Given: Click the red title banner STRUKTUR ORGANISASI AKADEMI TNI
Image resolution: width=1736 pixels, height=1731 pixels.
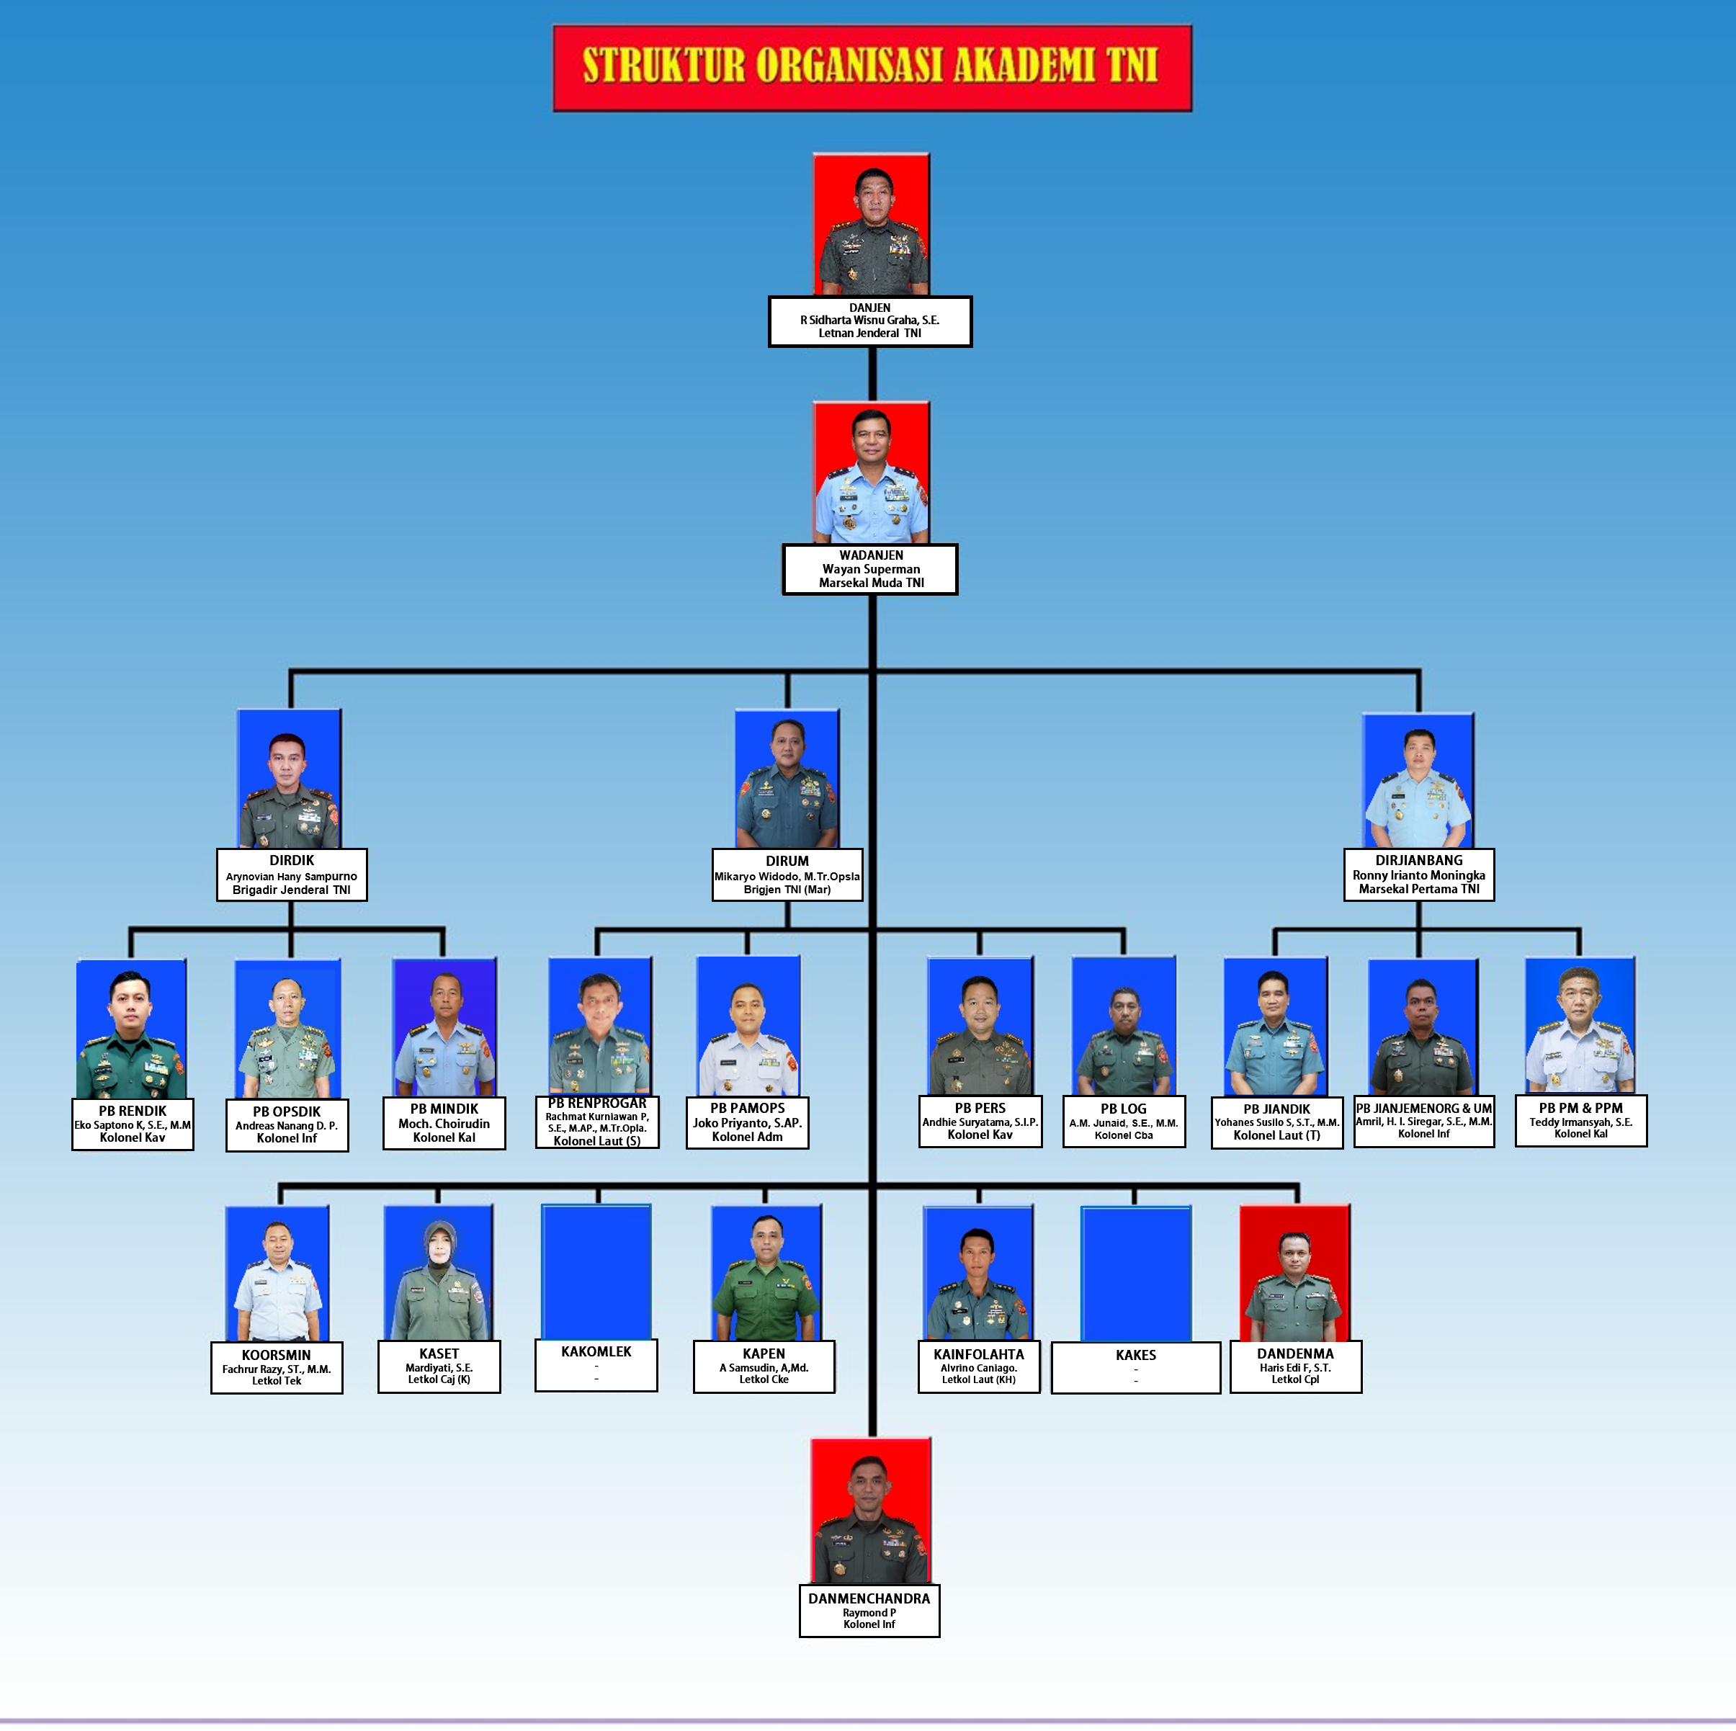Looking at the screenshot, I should pyautogui.click(x=872, y=68).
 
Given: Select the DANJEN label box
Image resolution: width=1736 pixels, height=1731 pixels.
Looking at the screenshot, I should pyautogui.click(x=869, y=321).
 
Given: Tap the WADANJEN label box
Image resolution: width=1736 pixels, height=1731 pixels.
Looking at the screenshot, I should pyautogui.click(x=869, y=569).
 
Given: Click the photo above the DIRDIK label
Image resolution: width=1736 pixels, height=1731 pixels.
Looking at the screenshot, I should pyautogui.click(x=290, y=779).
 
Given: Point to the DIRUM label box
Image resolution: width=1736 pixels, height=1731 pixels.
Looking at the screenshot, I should pyautogui.click(x=787, y=875).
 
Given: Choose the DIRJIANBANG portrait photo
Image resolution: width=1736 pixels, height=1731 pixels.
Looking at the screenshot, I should pyautogui.click(x=1418, y=781).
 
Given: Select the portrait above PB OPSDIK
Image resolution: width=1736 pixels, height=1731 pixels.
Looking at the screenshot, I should pyautogui.click(x=287, y=1029).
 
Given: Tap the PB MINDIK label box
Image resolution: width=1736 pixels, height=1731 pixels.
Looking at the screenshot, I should pyautogui.click(x=444, y=1124).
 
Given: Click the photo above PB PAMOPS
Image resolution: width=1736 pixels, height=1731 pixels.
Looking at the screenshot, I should pyautogui.click(x=748, y=1026).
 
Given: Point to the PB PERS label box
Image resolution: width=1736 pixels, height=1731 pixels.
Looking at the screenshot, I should pyautogui.click(x=980, y=1122).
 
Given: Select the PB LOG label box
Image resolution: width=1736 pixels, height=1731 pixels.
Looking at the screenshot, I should pyautogui.click(x=1123, y=1122).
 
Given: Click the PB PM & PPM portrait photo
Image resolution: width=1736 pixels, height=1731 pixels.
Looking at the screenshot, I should pyautogui.click(x=1580, y=1026).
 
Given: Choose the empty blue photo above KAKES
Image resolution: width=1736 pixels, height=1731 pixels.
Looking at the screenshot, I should pyautogui.click(x=1136, y=1274).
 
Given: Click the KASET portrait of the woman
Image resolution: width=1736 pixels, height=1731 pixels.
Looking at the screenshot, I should pyautogui.click(x=439, y=1274).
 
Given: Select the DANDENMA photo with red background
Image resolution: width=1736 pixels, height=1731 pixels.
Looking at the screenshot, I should pyautogui.click(x=1294, y=1274).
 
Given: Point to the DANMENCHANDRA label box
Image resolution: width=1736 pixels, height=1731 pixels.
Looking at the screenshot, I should pyautogui.click(x=869, y=1611).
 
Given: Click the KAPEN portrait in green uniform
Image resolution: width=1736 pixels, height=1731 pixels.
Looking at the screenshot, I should pyautogui.click(x=766, y=1274).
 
